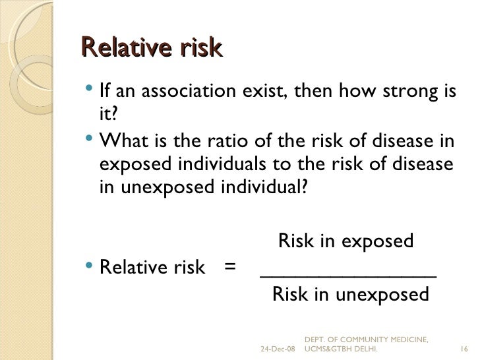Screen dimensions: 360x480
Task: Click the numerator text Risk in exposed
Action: point(346,241)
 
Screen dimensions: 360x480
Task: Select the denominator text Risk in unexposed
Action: point(350,294)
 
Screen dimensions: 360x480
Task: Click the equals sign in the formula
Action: point(229,268)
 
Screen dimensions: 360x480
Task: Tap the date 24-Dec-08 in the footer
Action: point(279,348)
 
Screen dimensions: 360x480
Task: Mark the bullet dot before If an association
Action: point(90,89)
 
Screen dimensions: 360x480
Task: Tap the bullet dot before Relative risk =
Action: point(90,268)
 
